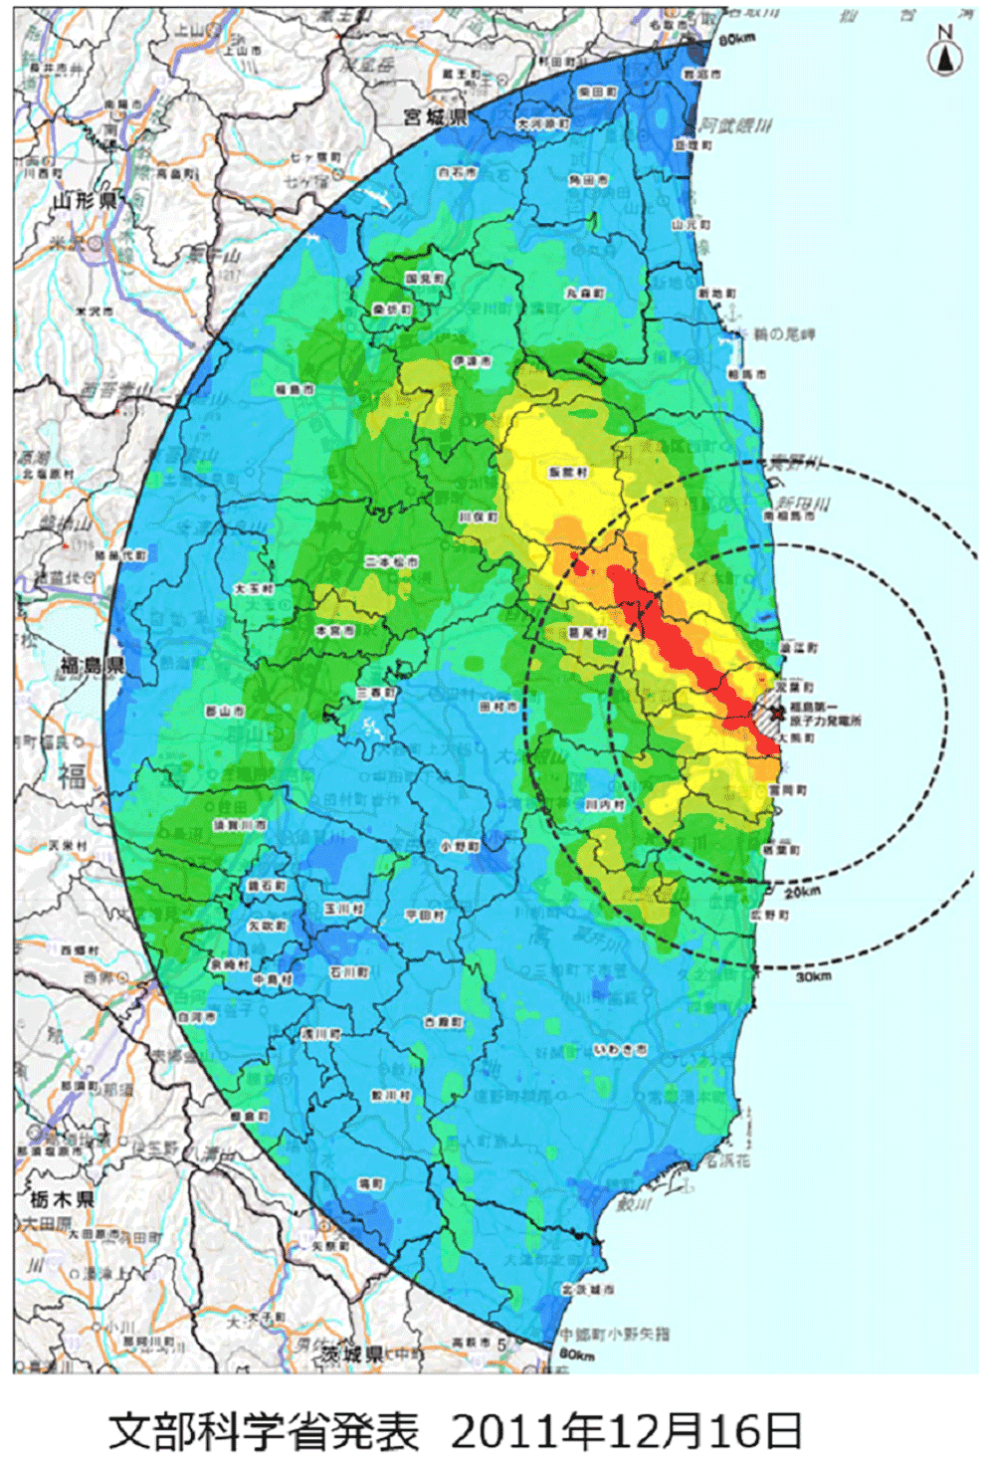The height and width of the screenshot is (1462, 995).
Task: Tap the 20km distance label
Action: pyautogui.click(x=802, y=891)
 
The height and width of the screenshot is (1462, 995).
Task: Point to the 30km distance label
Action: pyautogui.click(x=813, y=976)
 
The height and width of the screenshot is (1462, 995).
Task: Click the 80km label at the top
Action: pyautogui.click(x=736, y=39)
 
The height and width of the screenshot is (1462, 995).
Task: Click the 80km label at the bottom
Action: pyautogui.click(x=576, y=1355)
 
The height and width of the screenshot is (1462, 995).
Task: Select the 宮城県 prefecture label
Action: pyautogui.click(x=435, y=117)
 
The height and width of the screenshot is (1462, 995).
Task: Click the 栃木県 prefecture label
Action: pyautogui.click(x=62, y=1198)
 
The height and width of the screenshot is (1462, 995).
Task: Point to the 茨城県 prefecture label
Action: pyautogui.click(x=352, y=1354)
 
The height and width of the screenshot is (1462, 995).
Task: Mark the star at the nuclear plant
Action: pyautogui.click(x=779, y=711)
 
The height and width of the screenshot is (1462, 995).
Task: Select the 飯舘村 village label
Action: pyautogui.click(x=568, y=472)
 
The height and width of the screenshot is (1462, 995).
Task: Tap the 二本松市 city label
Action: pyautogui.click(x=391, y=561)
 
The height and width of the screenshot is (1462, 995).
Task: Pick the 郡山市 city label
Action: pyautogui.click(x=225, y=711)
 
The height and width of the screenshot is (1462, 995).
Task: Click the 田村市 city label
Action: pyautogui.click(x=498, y=706)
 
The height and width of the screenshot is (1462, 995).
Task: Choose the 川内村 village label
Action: pyautogui.click(x=605, y=804)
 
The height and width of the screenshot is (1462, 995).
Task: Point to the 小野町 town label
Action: pyautogui.click(x=460, y=846)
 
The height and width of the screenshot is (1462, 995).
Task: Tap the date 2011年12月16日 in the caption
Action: pyautogui.click(x=626, y=1431)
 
